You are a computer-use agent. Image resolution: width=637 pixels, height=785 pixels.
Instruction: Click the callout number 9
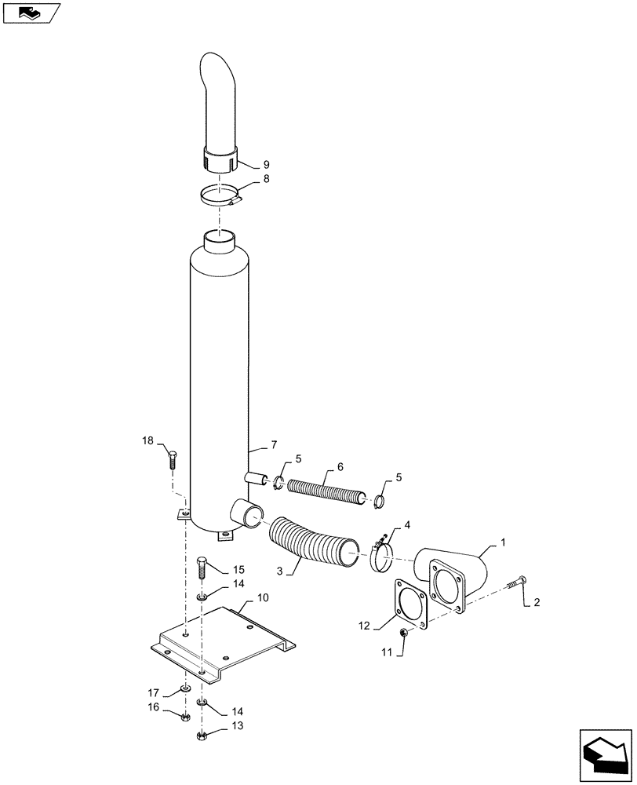coord(266,165)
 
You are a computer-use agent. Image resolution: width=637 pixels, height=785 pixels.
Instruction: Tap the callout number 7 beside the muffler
coord(274,445)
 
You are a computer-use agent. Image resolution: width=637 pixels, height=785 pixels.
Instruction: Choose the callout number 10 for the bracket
coord(264,597)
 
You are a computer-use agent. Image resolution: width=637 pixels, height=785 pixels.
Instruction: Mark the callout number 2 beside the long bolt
coord(537,603)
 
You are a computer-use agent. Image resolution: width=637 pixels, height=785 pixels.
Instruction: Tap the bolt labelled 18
coord(173,461)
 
